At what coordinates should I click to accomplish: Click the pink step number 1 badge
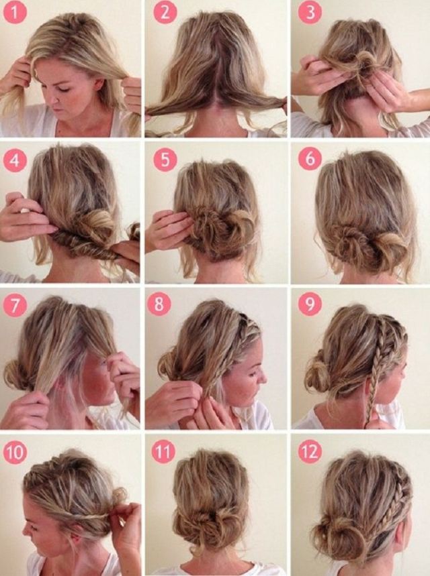[15, 12]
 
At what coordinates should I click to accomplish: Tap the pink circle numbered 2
[165, 12]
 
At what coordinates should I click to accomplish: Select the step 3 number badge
[310, 12]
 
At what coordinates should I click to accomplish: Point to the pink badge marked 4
[15, 160]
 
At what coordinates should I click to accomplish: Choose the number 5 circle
[165, 160]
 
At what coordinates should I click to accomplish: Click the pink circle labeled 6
[310, 159]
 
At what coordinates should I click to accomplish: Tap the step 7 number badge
[15, 305]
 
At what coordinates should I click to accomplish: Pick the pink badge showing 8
[159, 304]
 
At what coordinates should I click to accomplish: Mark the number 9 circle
[310, 304]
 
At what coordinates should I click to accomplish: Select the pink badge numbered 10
[15, 452]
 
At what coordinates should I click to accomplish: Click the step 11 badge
[163, 451]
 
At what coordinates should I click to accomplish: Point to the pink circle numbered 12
[310, 451]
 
